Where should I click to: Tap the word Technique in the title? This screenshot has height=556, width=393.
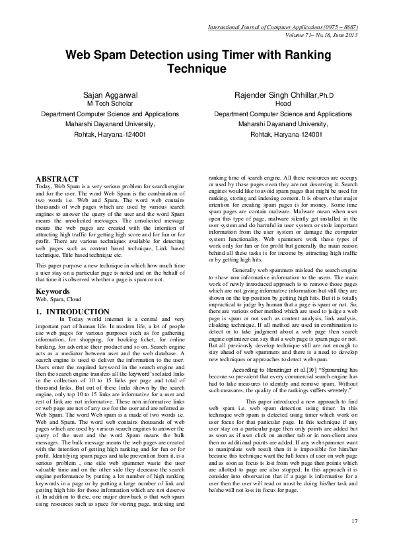coord(196,68)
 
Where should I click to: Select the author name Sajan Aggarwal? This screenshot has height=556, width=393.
coord(110,96)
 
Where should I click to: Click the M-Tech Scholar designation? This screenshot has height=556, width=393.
coord(110,104)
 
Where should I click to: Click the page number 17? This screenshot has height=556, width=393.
coord(355,522)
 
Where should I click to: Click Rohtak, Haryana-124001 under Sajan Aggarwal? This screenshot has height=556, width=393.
coord(110,134)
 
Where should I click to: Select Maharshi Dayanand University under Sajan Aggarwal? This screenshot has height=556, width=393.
coord(110,123)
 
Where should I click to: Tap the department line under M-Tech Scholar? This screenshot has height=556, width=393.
coord(110,114)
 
